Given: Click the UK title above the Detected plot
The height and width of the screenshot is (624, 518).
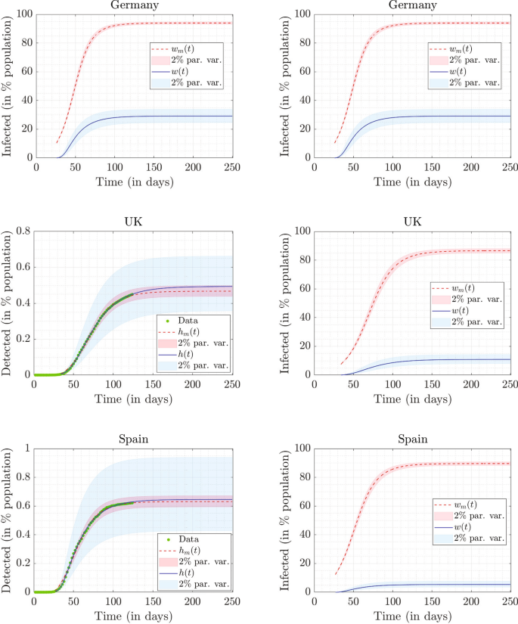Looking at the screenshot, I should tap(132, 220).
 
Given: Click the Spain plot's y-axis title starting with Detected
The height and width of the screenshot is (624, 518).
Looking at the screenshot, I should tap(8, 520).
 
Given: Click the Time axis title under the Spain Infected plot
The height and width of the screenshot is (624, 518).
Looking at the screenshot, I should tap(412, 617).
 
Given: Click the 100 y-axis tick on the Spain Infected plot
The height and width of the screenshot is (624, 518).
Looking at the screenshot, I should tap(298, 449).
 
